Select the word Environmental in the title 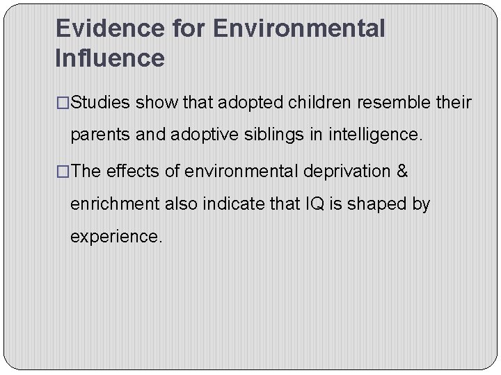[x=299, y=29]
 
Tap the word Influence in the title [x=110, y=58]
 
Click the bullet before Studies [x=63, y=103]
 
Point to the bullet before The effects [x=63, y=172]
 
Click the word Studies [x=101, y=103]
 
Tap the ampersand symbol [x=401, y=172]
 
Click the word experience [x=116, y=237]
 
